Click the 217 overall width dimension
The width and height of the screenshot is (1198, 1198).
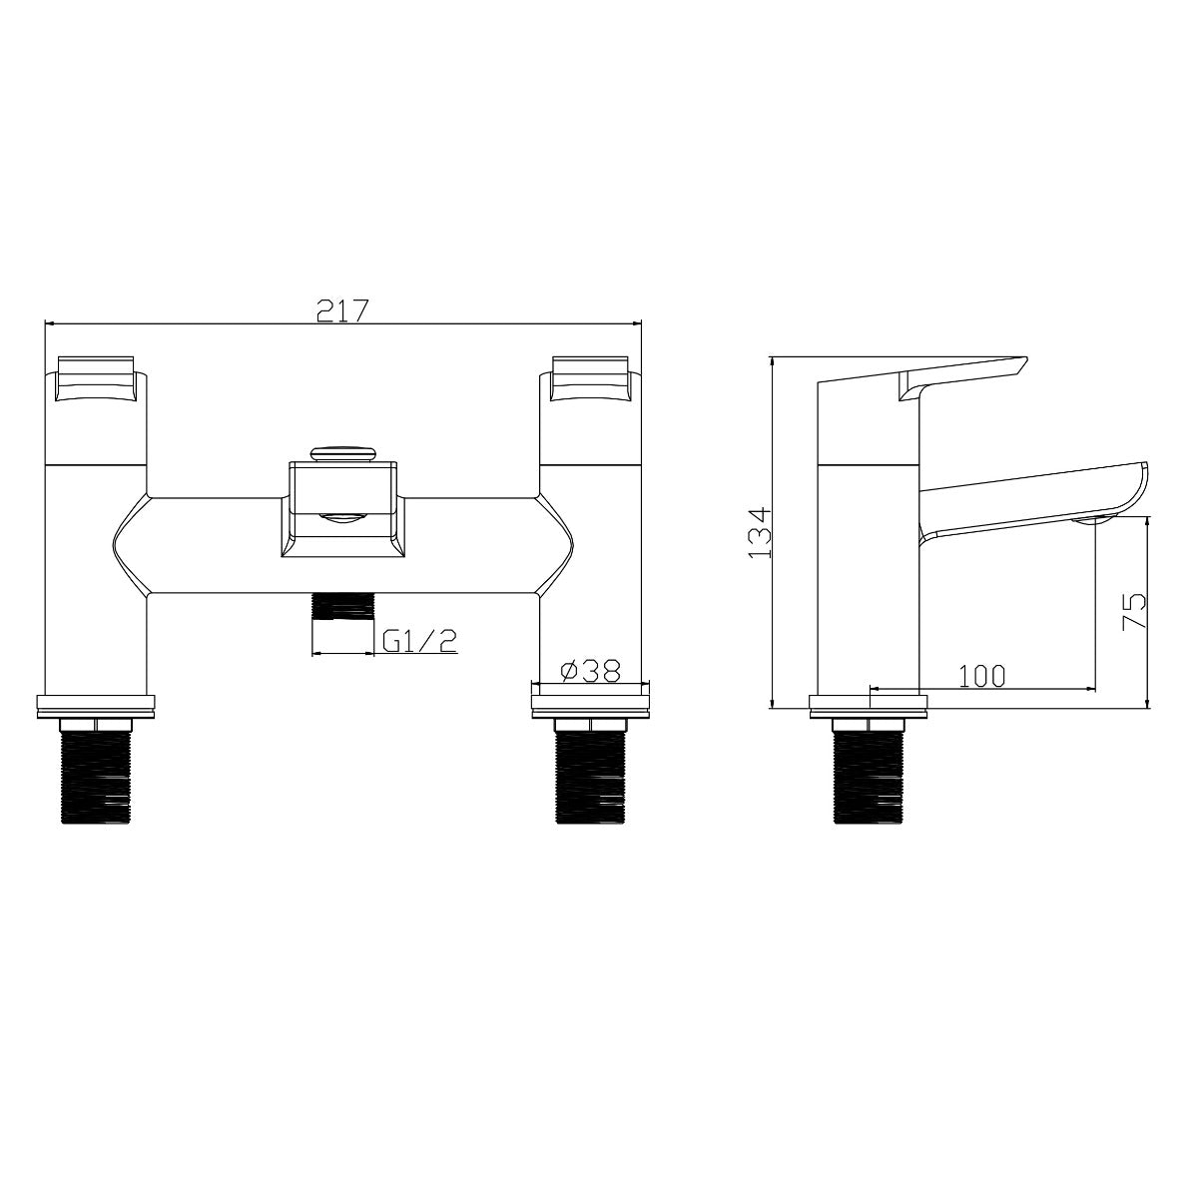click(343, 310)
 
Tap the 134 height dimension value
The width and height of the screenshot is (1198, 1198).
click(760, 533)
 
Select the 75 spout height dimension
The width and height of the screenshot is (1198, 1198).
click(1133, 612)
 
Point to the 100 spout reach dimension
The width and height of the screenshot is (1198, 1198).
click(982, 676)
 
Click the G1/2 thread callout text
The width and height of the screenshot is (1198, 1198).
click(419, 640)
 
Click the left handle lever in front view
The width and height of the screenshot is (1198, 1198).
click(96, 379)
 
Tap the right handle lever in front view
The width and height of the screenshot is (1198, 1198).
click(590, 379)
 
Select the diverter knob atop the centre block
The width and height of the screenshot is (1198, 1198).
click(343, 453)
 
